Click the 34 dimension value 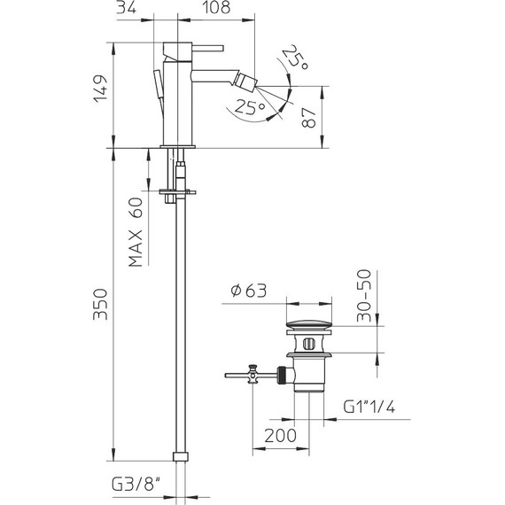coord(126,7)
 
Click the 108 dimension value coord(216,7)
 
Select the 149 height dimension coord(100,89)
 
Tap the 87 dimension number coord(309,118)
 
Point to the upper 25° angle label coord(296,57)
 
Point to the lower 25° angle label coord(250,107)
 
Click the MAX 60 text coord(136,232)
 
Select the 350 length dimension coord(100,304)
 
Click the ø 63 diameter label coord(249,291)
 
